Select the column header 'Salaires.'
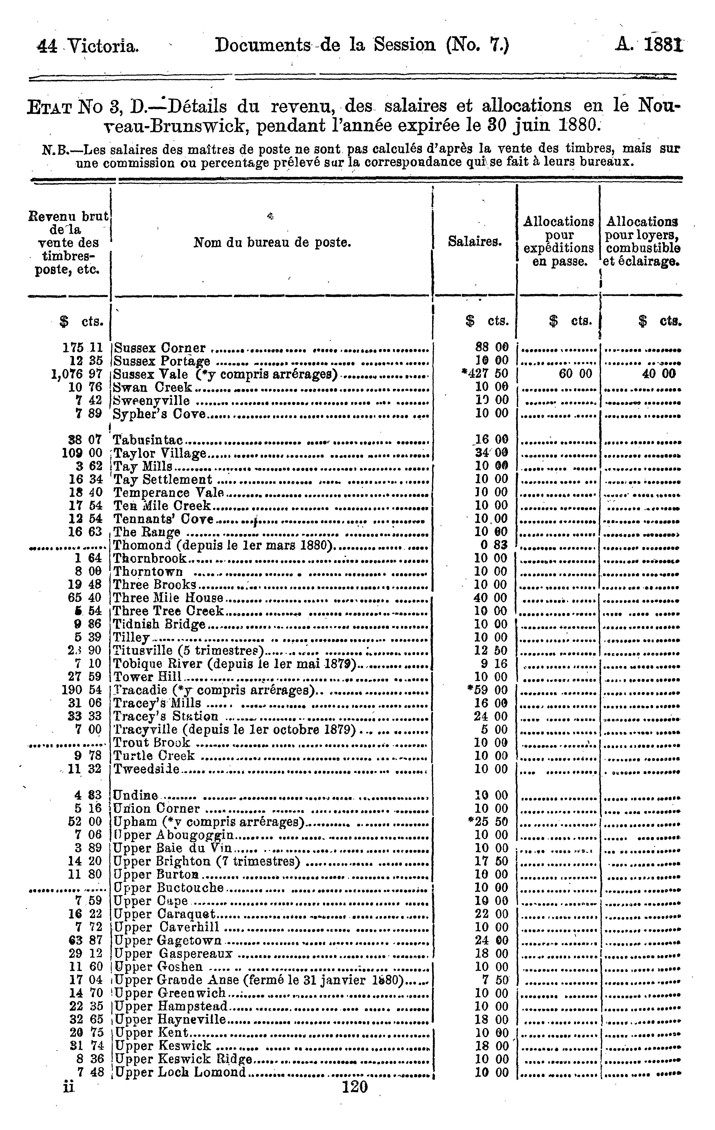click(475, 242)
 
